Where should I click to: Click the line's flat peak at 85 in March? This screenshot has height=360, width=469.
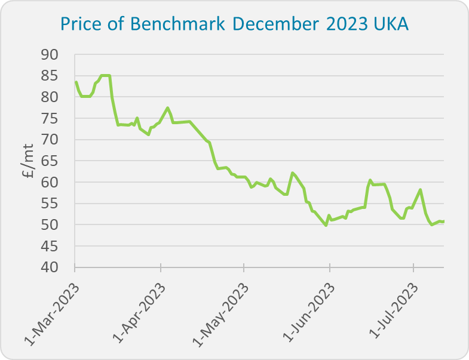pyautogui.click(x=105, y=75)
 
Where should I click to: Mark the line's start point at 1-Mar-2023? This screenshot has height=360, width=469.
pyautogui.click(x=76, y=82)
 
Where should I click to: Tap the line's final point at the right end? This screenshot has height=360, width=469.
pyautogui.click(x=443, y=221)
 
